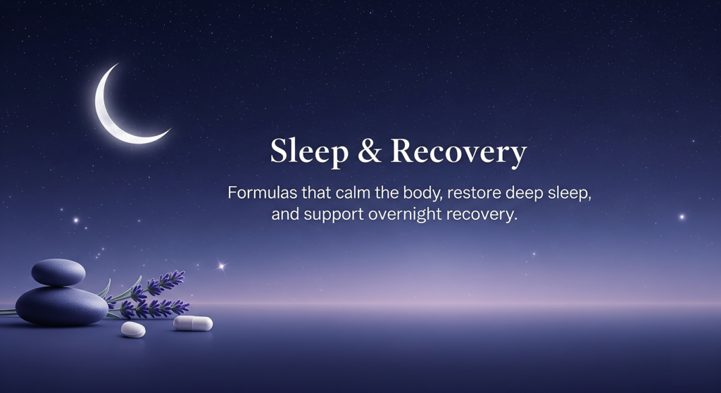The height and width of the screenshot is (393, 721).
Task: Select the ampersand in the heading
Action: pyautogui.click(x=369, y=151)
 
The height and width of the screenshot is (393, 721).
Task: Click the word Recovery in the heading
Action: pyautogui.click(x=459, y=152)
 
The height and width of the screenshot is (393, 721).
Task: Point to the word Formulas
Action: pyautogui.click(x=263, y=192)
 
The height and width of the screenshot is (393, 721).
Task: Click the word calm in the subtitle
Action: pyautogui.click(x=353, y=192)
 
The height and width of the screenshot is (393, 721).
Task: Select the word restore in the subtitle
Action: pyautogui.click(x=474, y=192)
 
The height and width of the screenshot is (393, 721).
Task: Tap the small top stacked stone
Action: pyautogui.click(x=58, y=272)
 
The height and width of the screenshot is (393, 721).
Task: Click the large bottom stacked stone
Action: pyautogui.click(x=62, y=306)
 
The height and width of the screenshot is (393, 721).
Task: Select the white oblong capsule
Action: pyautogui.click(x=193, y=323)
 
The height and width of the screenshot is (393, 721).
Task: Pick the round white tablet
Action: pyautogui.click(x=133, y=330)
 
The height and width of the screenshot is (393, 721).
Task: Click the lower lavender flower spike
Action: pyautogui.click(x=156, y=308)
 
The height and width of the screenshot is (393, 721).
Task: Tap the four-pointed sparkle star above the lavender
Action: pyautogui.click(x=222, y=266)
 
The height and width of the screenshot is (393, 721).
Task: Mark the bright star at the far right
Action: pyautogui.click(x=682, y=217)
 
